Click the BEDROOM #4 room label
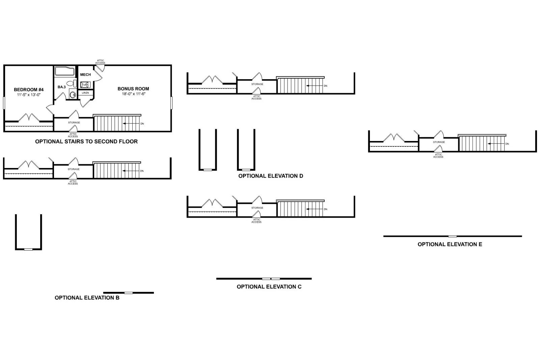coord(29,89)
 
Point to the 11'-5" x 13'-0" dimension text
coord(29,95)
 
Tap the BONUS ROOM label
coord(133,89)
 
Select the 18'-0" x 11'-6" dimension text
coord(133,94)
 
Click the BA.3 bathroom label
coord(61,87)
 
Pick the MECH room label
coord(85,75)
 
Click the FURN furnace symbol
coord(85,84)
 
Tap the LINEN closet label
coord(85,93)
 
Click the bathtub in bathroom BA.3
coord(64,71)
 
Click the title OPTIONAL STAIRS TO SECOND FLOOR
coord(86,142)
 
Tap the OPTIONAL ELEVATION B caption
coord(87,298)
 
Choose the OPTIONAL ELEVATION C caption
coord(269,287)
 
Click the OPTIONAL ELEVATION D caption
coord(271,176)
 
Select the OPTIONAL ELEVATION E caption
coord(450,244)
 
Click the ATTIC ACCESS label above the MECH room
coord(100,62)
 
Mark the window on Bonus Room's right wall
coord(171,103)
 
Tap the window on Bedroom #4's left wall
coord(4,103)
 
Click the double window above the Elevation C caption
coord(271,279)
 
